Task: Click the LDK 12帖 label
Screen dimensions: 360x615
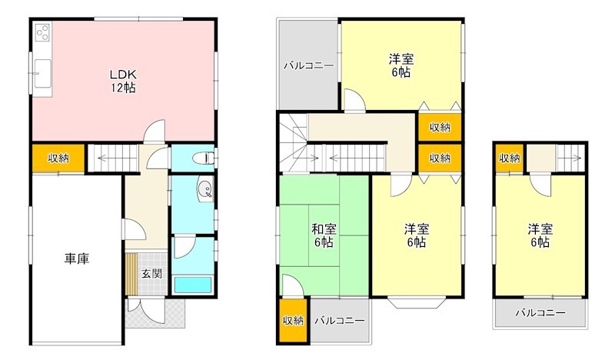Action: (x=122, y=80)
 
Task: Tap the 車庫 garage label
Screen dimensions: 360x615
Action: (x=76, y=258)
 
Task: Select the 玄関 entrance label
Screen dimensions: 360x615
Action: (x=151, y=273)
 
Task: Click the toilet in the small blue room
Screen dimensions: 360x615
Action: (x=202, y=158)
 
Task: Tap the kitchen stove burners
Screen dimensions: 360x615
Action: (x=42, y=32)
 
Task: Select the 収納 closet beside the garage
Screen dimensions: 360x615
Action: (x=58, y=158)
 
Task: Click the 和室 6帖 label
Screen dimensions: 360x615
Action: (x=323, y=235)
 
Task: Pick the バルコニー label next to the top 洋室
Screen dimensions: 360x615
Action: (x=308, y=65)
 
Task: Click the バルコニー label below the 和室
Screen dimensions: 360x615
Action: (x=337, y=319)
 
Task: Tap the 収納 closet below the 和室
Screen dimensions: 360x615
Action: (x=293, y=320)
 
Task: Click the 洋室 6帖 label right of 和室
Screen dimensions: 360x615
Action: (x=417, y=235)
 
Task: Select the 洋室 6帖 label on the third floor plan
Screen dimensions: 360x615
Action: (x=539, y=235)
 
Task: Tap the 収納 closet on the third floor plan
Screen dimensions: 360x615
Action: (x=509, y=158)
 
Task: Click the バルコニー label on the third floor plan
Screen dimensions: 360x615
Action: (x=540, y=313)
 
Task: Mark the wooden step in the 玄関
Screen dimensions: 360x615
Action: (x=131, y=273)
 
